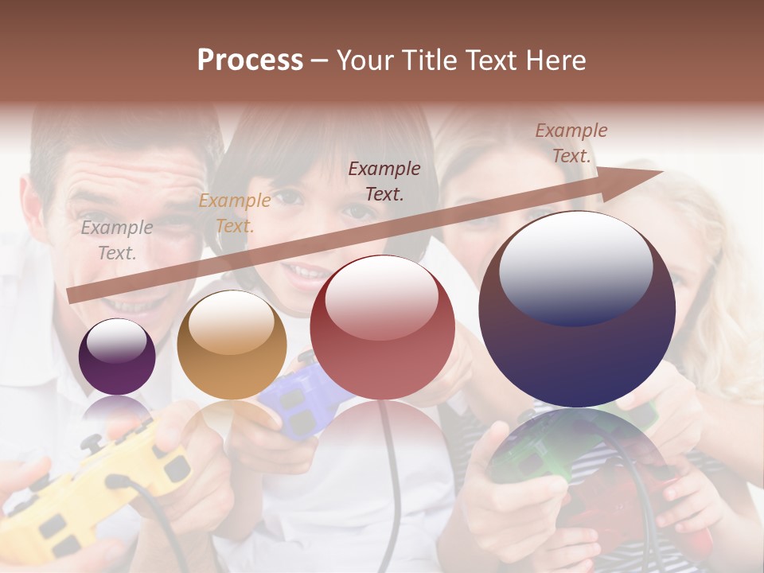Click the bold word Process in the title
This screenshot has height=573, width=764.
250,60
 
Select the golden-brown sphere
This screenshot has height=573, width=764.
232,345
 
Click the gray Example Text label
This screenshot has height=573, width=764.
117,240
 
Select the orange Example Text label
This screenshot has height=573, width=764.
234,213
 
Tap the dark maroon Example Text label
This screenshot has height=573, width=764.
384,181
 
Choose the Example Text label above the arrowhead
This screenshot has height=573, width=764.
571,143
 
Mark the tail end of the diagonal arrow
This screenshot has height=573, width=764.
72,295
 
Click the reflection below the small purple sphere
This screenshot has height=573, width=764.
118,410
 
